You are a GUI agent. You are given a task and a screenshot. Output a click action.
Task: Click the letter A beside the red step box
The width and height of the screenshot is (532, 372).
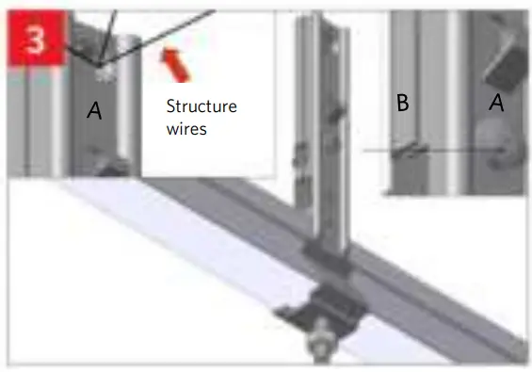coord(94,111)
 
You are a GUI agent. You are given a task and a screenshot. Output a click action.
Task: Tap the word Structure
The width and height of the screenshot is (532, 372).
coord(201,106)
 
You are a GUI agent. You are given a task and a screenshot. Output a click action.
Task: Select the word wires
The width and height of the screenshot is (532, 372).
coord(185,130)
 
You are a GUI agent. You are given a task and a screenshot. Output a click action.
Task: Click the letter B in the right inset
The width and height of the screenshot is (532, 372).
coord(402,104)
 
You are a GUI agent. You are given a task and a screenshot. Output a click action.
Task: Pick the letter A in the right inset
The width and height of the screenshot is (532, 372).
coord(497,104)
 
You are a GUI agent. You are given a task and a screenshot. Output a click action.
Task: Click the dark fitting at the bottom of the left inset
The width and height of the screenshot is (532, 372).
coord(111,167)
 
